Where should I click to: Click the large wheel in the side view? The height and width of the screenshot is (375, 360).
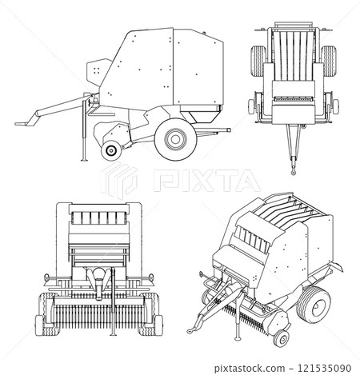pos(174,138)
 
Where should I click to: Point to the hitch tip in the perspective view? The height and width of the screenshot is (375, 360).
pos(192,327)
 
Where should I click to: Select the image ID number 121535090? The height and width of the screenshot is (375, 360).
pos(323,365)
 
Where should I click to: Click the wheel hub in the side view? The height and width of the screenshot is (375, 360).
pos(174,138)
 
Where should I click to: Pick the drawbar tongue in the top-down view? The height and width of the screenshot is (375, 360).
pos(293,144)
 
